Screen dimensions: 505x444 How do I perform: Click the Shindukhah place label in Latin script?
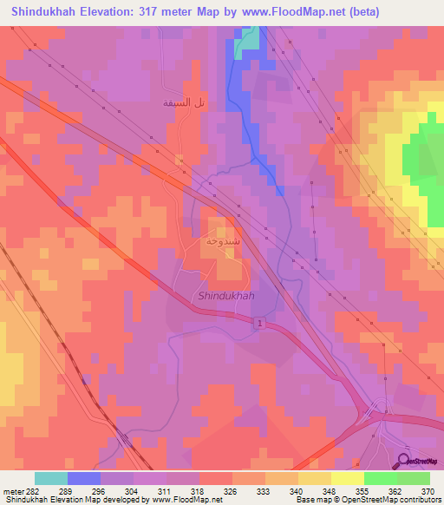point(225,296)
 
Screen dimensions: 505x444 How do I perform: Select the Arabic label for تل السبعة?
point(184,102)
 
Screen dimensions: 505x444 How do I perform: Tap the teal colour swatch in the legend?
point(50,478)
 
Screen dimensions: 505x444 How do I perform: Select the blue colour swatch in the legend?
point(83,478)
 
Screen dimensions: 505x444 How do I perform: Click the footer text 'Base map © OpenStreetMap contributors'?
point(368,500)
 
